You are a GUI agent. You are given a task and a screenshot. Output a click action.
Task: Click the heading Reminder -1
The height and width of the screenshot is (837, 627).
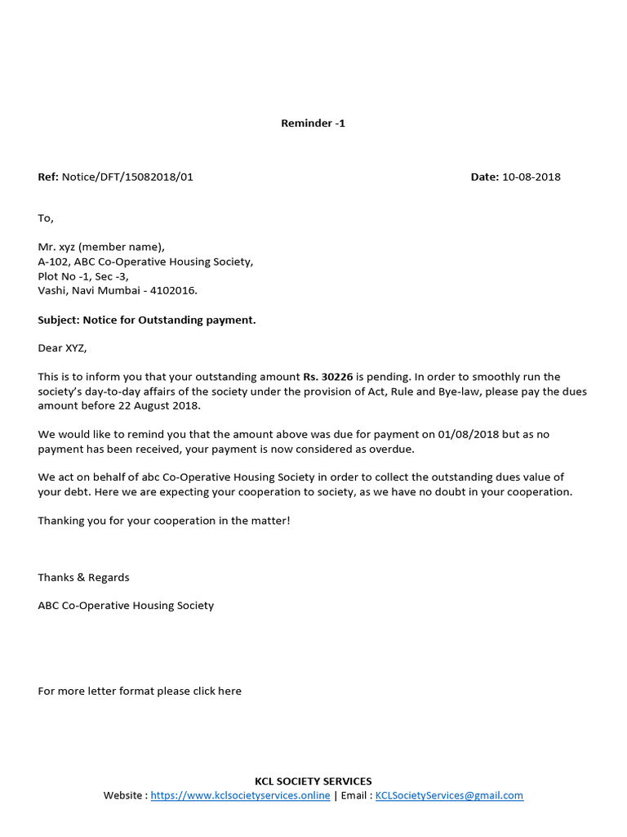[x=313, y=123]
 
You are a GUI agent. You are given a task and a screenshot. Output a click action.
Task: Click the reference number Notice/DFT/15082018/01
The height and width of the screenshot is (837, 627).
[x=127, y=177]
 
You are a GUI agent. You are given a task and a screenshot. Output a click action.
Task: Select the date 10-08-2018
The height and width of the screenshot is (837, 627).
[x=531, y=177]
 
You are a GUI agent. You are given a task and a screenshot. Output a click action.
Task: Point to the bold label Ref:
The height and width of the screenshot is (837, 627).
[x=48, y=177]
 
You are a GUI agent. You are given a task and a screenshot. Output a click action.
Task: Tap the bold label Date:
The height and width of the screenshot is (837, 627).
[x=484, y=177]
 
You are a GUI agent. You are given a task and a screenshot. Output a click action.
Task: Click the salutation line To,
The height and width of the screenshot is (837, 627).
[x=46, y=218]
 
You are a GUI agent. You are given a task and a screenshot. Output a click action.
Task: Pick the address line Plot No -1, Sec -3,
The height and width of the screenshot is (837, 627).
[x=83, y=276]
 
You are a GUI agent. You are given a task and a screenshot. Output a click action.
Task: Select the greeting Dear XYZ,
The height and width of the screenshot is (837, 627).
[x=62, y=348]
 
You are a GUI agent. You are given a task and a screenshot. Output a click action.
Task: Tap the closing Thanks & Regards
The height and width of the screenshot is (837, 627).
[x=83, y=577]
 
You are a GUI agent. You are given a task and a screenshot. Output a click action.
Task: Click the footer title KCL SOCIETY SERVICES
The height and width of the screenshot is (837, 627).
[x=313, y=781]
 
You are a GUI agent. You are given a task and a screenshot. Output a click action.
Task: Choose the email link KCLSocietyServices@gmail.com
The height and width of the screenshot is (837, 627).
[x=449, y=795]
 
